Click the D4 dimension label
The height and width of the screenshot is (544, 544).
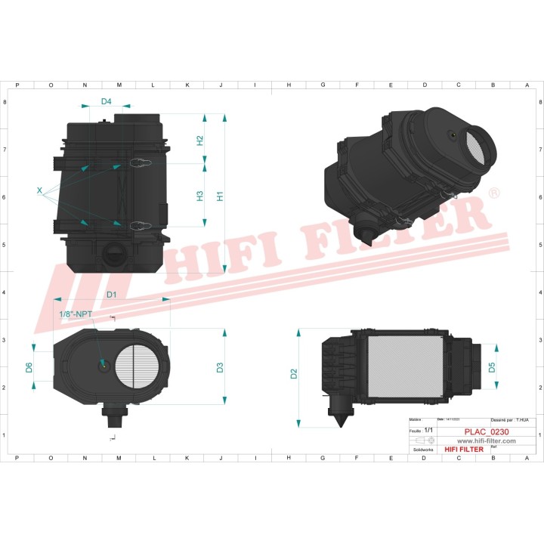click(106, 101)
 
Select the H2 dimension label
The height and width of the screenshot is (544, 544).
click(200, 140)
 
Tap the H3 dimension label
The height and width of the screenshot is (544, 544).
click(200, 195)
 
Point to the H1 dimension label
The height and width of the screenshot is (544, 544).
click(221, 195)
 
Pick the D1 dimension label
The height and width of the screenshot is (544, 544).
click(111, 293)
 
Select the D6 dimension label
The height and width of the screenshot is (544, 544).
click(29, 367)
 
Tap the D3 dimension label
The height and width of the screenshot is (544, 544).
click(220, 368)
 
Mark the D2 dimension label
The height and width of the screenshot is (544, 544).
click(294, 373)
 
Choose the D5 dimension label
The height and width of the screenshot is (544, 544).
click(491, 368)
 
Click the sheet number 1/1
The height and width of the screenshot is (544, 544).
click(429, 429)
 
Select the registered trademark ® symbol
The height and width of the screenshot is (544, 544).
click(494, 194)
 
